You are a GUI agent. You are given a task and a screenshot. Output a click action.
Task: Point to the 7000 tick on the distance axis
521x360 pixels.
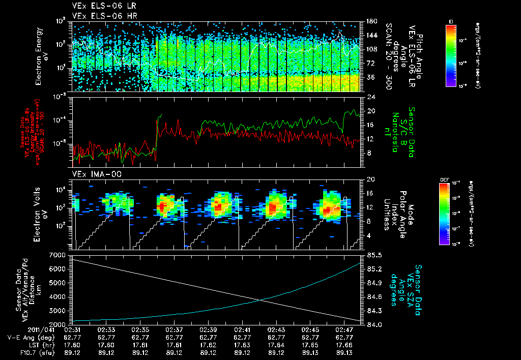(57, 254)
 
